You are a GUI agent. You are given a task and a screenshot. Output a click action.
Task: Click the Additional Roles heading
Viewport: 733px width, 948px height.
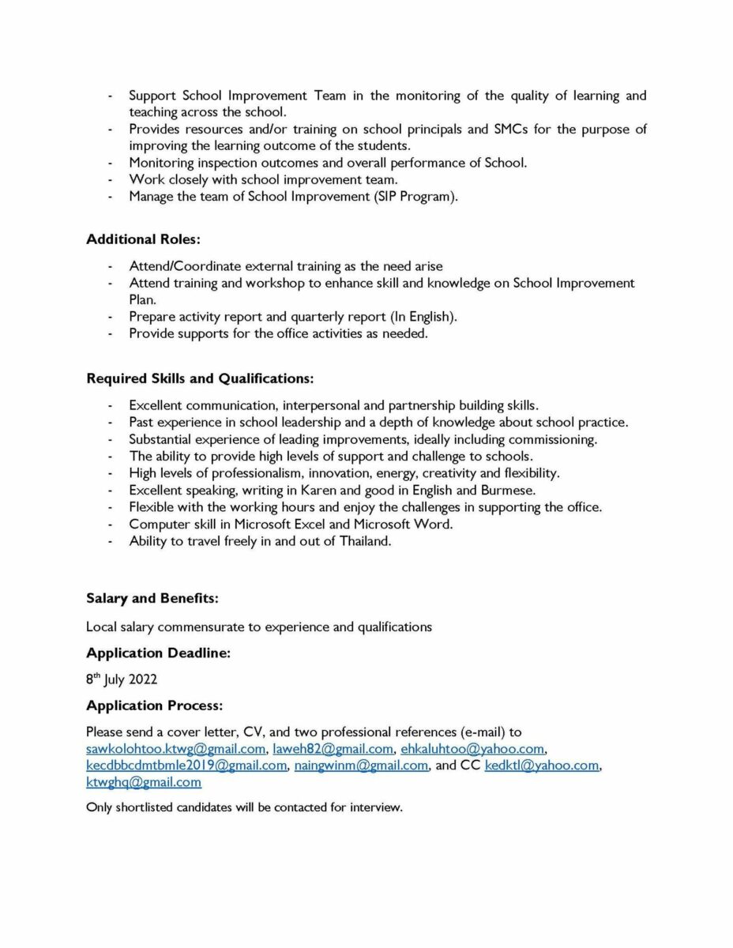pyautogui.click(x=143, y=239)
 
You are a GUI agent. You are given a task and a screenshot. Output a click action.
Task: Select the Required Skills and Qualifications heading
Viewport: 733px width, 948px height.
pyautogui.click(x=200, y=378)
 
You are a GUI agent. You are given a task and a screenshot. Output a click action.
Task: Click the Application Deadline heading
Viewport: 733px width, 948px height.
pyautogui.click(x=158, y=653)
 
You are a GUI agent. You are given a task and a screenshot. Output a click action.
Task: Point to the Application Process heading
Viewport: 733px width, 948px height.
pyautogui.click(x=155, y=705)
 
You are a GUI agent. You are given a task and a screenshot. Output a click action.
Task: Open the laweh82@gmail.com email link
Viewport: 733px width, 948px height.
pyautogui.click(x=333, y=749)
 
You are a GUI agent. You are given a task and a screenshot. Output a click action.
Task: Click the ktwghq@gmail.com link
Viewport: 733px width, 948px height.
pyautogui.click(x=144, y=782)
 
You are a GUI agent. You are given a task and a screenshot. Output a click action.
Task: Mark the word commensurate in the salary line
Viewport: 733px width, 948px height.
pyautogui.click(x=209, y=626)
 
